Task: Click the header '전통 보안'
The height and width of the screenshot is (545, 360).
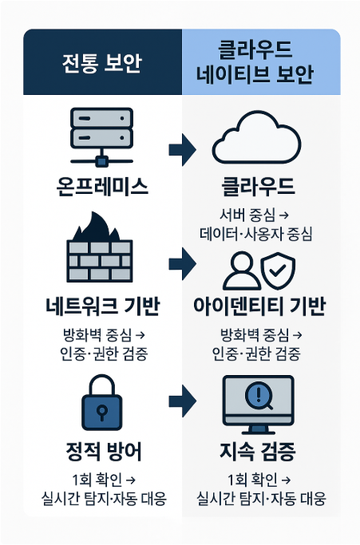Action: coord(102,62)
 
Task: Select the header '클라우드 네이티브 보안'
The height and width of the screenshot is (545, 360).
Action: coord(255,62)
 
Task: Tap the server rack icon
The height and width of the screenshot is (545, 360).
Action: coord(101,136)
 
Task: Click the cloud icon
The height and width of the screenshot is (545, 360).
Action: coord(257,137)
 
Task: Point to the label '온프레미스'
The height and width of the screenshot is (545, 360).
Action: coord(102,186)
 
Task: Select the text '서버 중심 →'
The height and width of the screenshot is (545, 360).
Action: coord(255,215)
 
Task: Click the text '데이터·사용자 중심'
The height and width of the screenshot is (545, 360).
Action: coord(256,234)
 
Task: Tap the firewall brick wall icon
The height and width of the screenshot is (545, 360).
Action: coord(100,261)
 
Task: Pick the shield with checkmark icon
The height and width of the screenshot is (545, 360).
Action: coord(278,271)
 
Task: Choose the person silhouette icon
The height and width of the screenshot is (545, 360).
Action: coord(242,271)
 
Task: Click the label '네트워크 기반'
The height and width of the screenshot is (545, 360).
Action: coord(103,306)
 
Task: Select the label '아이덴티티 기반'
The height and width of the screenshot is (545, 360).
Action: coord(259,306)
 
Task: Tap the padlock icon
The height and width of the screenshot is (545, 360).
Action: coord(101,402)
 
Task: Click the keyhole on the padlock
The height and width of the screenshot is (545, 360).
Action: coord(101,412)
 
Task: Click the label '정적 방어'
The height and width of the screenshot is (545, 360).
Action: coord(104,451)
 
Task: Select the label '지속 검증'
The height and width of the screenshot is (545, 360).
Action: coord(258,451)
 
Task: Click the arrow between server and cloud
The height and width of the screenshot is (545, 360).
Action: coord(182,150)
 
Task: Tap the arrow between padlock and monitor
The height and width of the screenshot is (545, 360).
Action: coord(182,401)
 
